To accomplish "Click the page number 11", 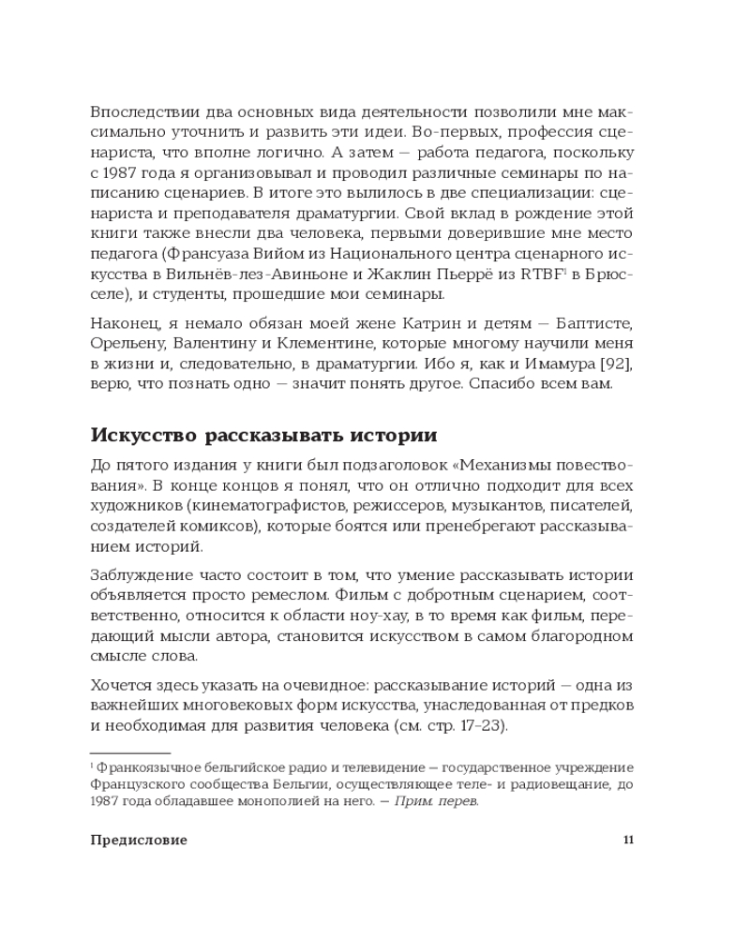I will click(628, 840).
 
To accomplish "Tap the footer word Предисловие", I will click(139, 840).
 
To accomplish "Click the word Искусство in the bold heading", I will click(142, 436).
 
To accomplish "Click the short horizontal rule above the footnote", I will click(129, 752).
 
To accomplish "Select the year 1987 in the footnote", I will click(106, 801).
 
